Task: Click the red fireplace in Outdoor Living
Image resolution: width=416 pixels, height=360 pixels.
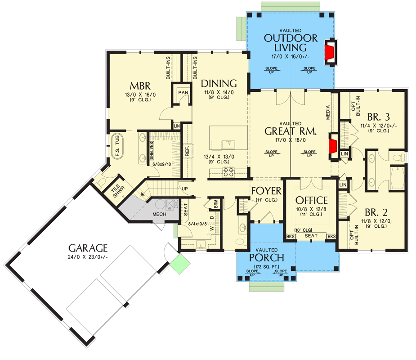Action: (331, 50)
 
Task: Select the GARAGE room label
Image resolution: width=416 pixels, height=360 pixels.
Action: (88, 247)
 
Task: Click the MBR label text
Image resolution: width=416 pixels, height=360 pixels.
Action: (140, 86)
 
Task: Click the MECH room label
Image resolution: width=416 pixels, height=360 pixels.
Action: (159, 214)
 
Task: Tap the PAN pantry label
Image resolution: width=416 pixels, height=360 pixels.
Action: (183, 92)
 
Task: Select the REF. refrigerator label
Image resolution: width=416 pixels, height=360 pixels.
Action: (187, 151)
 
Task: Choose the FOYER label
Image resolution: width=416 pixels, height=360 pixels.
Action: (266, 190)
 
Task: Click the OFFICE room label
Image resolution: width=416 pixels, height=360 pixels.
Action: (311, 200)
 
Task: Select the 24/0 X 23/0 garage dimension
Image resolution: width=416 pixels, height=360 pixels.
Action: (88, 256)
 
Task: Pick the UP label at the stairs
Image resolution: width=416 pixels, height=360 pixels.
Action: (185, 188)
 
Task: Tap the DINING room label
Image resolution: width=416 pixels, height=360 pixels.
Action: (219, 83)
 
